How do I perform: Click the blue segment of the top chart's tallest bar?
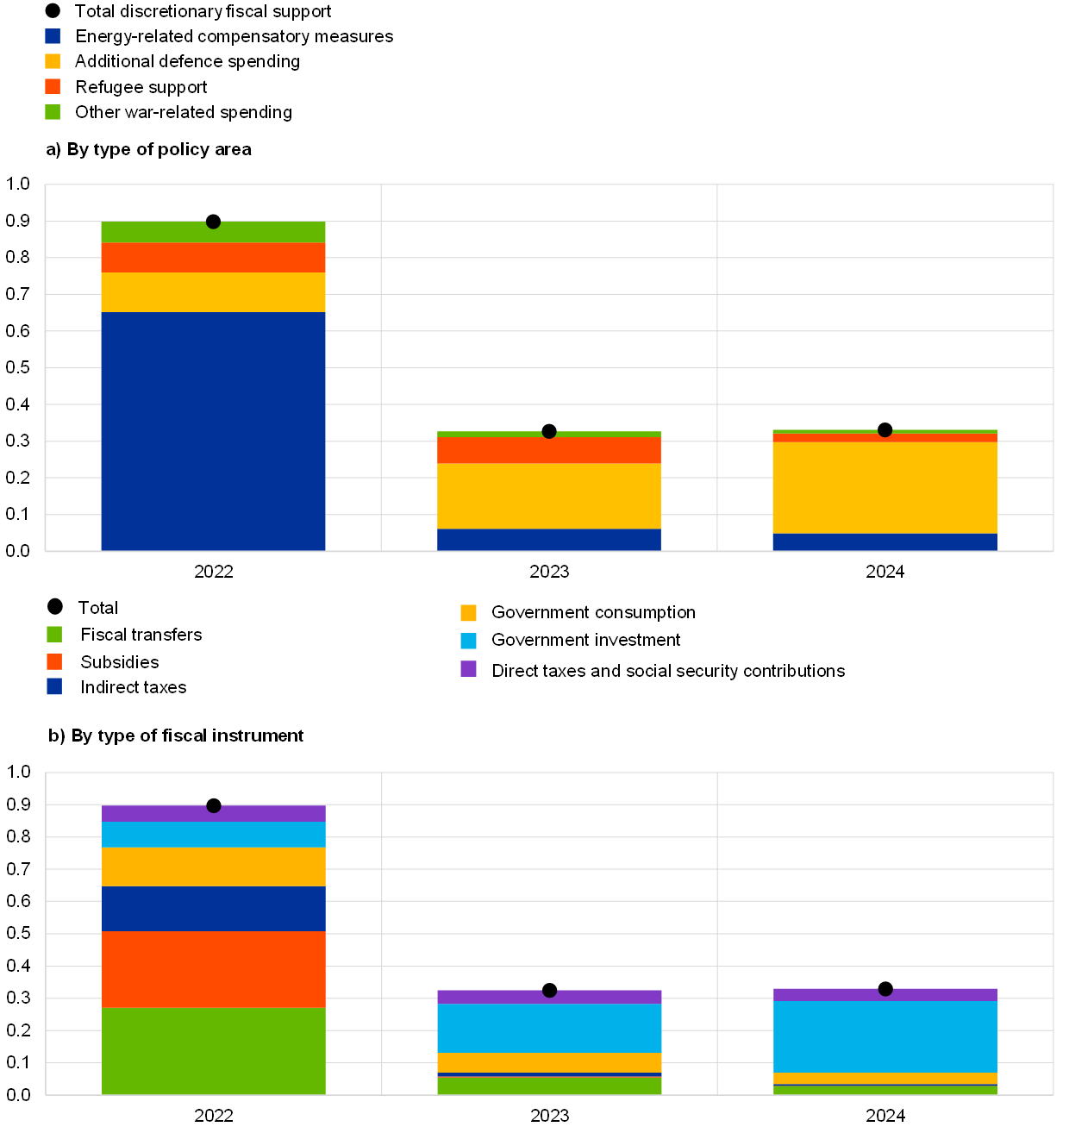pos(213,431)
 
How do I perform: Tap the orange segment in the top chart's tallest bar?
pos(213,257)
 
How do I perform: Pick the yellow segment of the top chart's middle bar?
pos(549,496)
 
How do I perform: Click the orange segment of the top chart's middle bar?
pos(549,450)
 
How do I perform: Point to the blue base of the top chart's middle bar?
pos(549,540)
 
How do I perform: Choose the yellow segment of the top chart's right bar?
pos(885,487)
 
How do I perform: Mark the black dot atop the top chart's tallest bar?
pos(213,222)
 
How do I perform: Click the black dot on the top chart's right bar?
pos(885,429)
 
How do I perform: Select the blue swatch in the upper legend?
pos(53,36)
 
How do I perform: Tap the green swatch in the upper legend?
pos(53,112)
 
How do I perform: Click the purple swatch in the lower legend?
pos(468,668)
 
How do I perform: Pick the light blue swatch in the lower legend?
pos(468,641)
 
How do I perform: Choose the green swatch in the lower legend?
pos(54,635)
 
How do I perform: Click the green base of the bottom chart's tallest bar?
pos(213,1051)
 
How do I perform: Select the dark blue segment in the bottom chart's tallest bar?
pos(213,909)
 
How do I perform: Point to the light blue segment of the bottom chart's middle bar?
pos(549,1028)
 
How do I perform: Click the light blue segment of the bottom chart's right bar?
pos(885,1036)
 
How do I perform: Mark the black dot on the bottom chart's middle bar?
pos(549,990)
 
